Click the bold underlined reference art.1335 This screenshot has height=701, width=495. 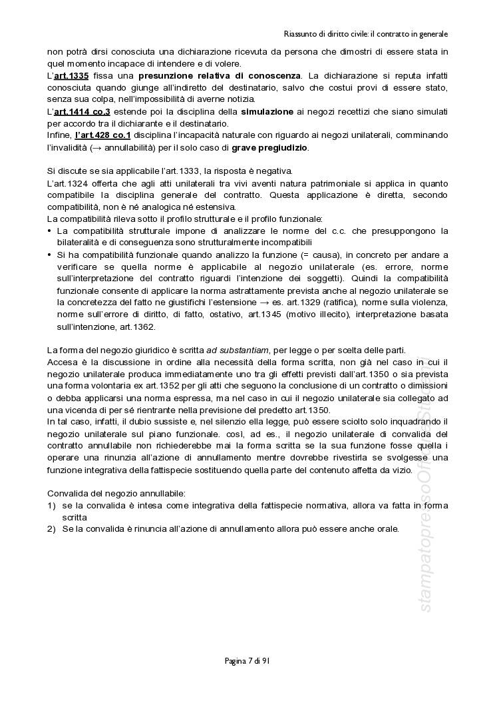pyautogui.click(x=71, y=75)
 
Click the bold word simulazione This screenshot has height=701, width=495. pyautogui.click(x=267, y=111)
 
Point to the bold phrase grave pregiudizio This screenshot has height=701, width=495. pyautogui.click(x=270, y=147)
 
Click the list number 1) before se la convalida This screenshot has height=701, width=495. pyautogui.click(x=51, y=505)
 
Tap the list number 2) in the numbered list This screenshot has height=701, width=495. pyautogui.click(x=51, y=528)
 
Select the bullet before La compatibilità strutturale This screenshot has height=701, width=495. pyautogui.click(x=50, y=231)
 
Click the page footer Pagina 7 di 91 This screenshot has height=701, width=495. pyautogui.click(x=247, y=661)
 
